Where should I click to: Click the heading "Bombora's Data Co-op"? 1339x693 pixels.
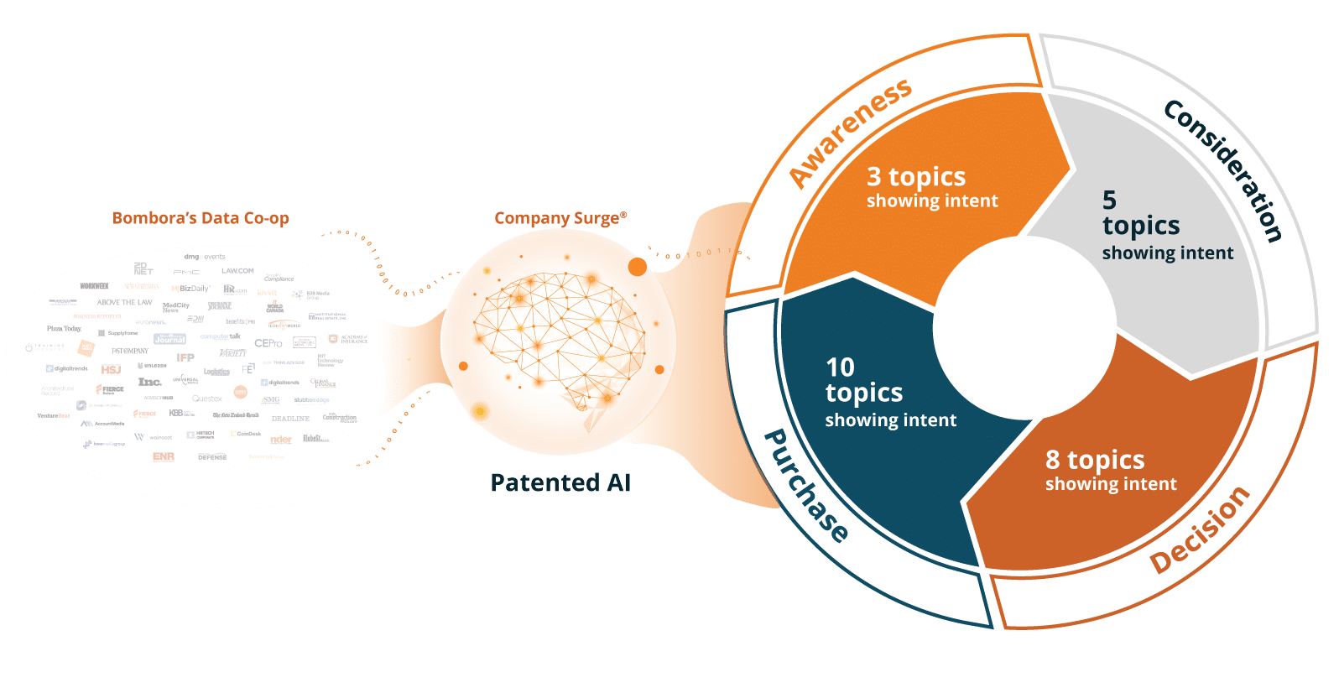pyautogui.click(x=201, y=218)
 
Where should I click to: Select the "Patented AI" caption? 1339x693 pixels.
pyautogui.click(x=560, y=482)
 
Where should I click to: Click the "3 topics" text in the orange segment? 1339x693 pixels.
pyautogui.click(x=916, y=176)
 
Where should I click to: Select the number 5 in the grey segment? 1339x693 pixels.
pyautogui.click(x=1109, y=200)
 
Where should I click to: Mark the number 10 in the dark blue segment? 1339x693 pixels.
pyautogui.click(x=840, y=367)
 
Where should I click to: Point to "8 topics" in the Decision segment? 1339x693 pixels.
pyautogui.click(x=1095, y=460)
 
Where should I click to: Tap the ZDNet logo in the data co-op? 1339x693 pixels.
pyautogui.click(x=143, y=268)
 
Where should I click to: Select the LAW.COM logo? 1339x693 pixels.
pyautogui.click(x=237, y=271)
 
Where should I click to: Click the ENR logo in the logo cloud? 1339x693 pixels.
pyautogui.click(x=164, y=456)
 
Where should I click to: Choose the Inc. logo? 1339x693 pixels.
pyautogui.click(x=149, y=382)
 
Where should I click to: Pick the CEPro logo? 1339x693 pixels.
pyautogui.click(x=268, y=343)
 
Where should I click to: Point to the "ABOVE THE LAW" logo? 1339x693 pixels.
pyautogui.click(x=124, y=302)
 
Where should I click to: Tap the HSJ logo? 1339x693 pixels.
pyautogui.click(x=111, y=369)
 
